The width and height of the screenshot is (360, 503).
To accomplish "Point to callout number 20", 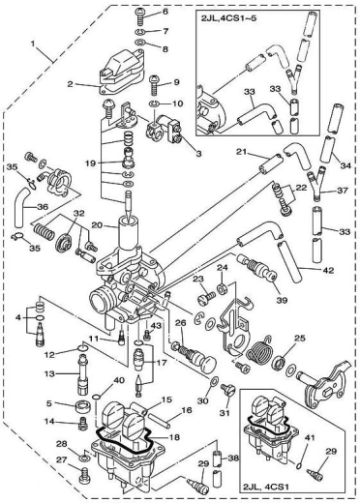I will [x=97, y=223].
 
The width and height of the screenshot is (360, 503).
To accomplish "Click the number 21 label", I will [x=245, y=152].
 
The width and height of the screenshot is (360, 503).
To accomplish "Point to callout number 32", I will [x=79, y=213].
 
